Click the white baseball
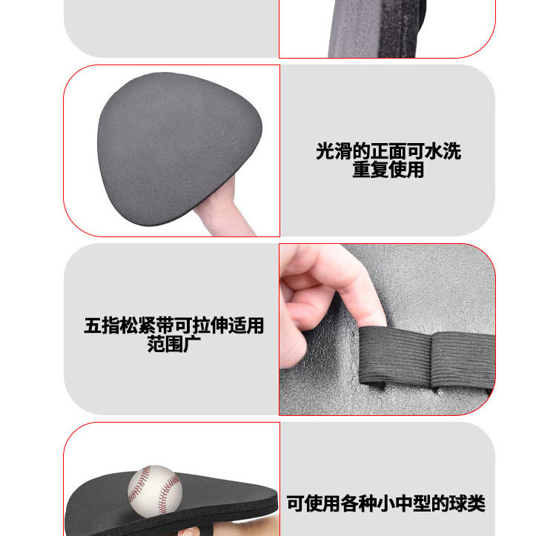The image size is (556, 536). click(x=154, y=491)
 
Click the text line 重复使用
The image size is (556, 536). click(x=388, y=170)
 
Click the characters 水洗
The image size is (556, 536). click(x=443, y=151)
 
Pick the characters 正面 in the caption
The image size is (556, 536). click(x=388, y=151)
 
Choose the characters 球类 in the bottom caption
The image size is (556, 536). click(x=467, y=504)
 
